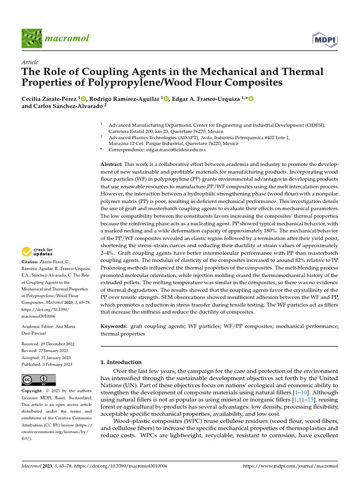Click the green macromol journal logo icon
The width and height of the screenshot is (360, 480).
coord(31,38)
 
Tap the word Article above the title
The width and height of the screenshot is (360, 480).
coord(30,62)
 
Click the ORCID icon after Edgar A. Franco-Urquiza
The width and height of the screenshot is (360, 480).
coord(250,98)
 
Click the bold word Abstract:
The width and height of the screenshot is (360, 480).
coord(112,165)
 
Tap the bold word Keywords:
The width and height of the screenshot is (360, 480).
coord(114,326)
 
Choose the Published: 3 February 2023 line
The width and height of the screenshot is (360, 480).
coord(47,364)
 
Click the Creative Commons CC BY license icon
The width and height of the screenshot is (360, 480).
coord(38,380)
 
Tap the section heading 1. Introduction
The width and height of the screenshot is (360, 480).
coord(121,362)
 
